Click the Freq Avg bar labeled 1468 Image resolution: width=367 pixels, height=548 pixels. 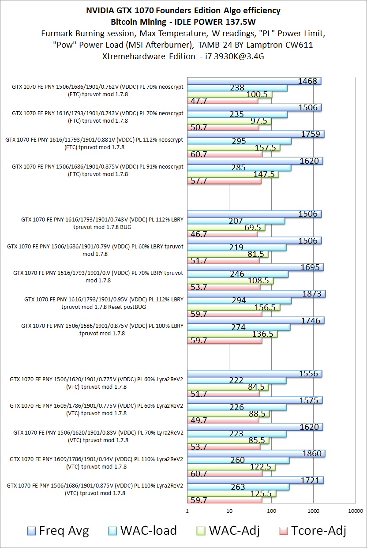click(254, 81)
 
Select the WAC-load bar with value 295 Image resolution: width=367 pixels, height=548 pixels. click(239, 141)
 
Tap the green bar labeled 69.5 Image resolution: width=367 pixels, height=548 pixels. click(226, 228)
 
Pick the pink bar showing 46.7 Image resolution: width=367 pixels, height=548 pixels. click(222, 234)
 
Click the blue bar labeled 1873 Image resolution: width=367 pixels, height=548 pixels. click(256, 294)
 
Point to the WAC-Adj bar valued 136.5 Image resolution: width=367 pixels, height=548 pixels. click(232, 334)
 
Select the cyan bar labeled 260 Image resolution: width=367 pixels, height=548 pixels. click(238, 461)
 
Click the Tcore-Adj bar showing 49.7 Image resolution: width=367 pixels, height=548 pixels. click(223, 420)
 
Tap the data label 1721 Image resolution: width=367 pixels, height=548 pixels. click(309, 480)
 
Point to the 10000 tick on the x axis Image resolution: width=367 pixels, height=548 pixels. click(355, 511)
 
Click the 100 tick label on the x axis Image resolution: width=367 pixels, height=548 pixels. click(271, 511)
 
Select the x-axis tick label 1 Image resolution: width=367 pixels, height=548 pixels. click(187, 511)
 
